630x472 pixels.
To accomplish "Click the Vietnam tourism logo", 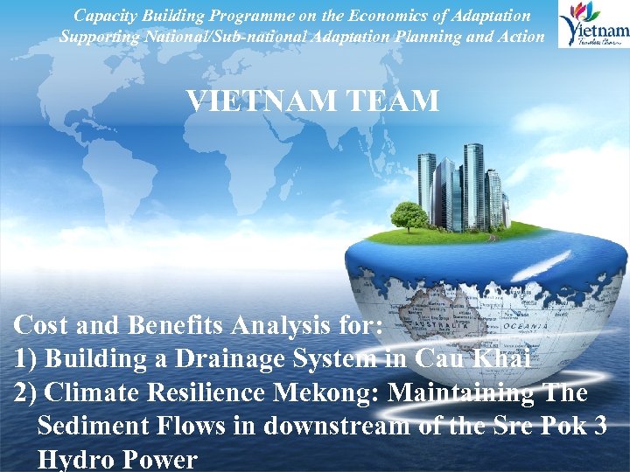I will pos(594,24).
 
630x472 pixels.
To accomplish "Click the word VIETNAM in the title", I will pos(250,101).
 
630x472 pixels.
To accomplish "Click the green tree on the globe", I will pos(409,213).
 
